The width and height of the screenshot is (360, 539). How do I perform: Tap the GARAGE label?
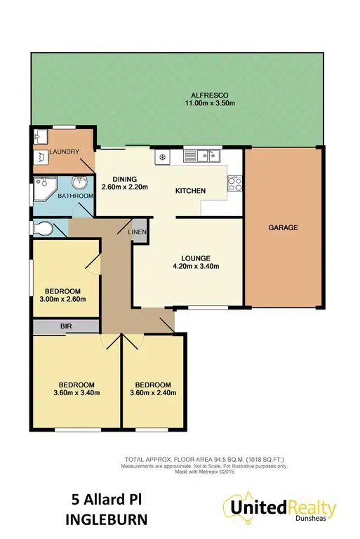click(x=283, y=227)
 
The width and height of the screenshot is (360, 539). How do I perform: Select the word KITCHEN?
click(x=190, y=191)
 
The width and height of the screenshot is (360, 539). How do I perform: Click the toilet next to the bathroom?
click(x=44, y=228)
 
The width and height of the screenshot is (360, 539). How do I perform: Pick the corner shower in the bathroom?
click(x=45, y=185)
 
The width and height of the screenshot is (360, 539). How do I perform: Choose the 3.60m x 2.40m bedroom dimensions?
click(x=154, y=394)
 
